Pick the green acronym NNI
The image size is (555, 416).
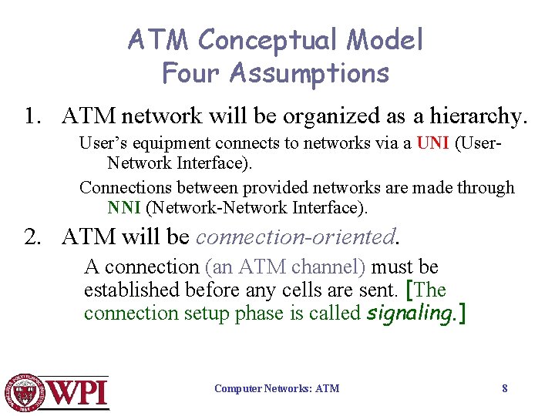pos(124,207)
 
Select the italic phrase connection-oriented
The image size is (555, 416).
pos(295,236)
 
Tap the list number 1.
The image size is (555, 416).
pos(31,116)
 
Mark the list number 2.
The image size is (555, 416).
pos(31,236)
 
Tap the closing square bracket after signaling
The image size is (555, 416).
pos(462,313)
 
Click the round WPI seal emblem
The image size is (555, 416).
pos(24,391)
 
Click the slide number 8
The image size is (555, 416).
pos(505,388)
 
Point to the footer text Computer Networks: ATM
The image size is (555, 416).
pos(277,388)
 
